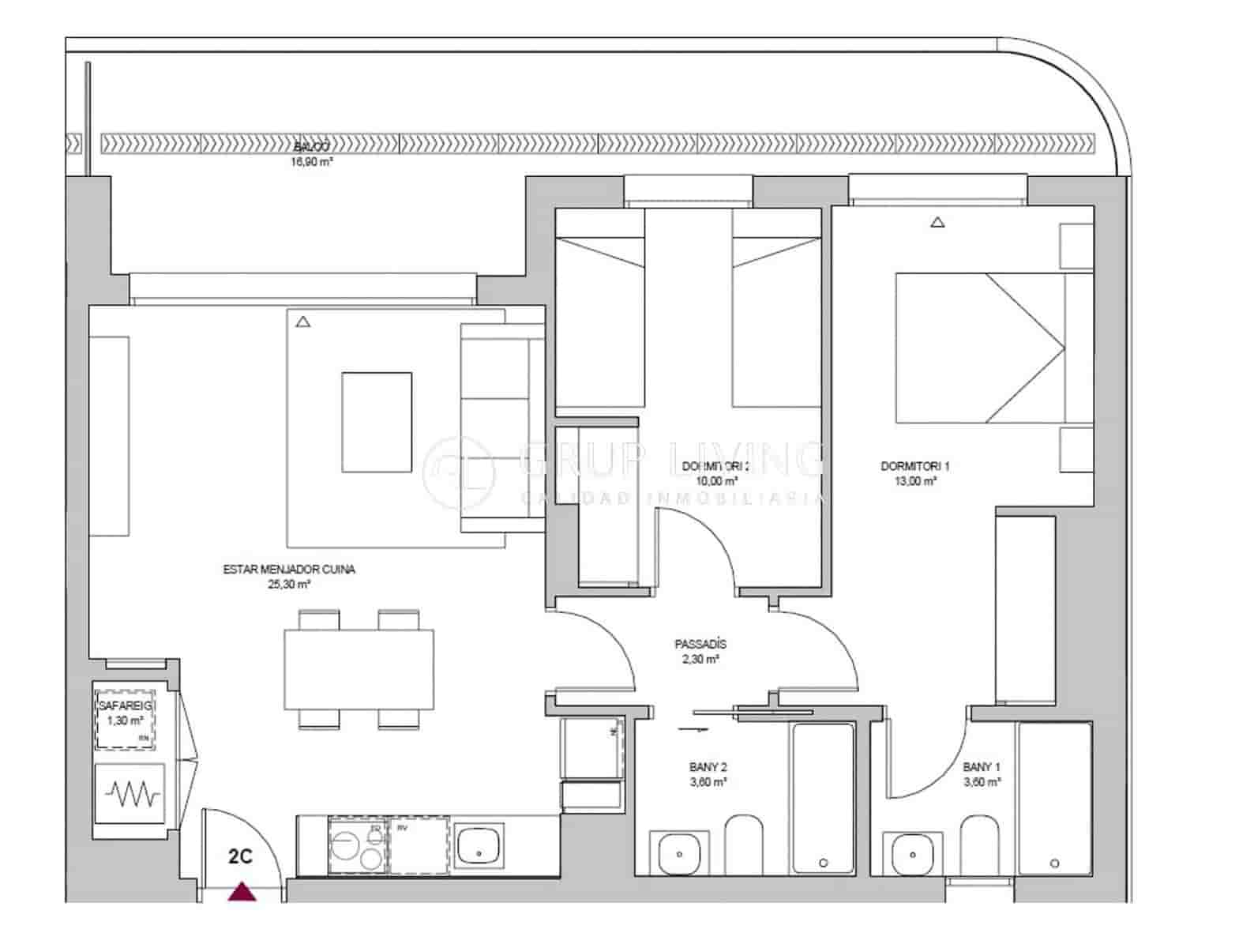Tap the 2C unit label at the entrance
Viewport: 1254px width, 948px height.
point(240,856)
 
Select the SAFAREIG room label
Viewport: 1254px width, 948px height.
point(126,705)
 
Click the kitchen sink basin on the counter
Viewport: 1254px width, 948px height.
point(479,845)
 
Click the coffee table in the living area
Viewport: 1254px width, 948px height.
point(377,422)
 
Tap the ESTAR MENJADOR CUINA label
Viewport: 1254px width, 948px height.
point(289,569)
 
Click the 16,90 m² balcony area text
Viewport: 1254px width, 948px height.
point(312,162)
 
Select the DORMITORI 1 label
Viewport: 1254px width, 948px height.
point(915,466)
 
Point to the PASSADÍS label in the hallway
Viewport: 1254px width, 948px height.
point(700,644)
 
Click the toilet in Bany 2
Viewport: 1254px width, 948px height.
point(743,844)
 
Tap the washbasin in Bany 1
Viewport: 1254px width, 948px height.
point(913,853)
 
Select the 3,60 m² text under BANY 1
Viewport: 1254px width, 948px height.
point(982,782)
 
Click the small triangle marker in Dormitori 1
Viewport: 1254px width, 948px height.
point(937,223)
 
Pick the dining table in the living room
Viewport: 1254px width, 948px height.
point(359,668)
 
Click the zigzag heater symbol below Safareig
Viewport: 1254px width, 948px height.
point(130,794)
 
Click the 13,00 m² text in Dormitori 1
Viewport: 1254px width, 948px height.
point(915,480)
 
